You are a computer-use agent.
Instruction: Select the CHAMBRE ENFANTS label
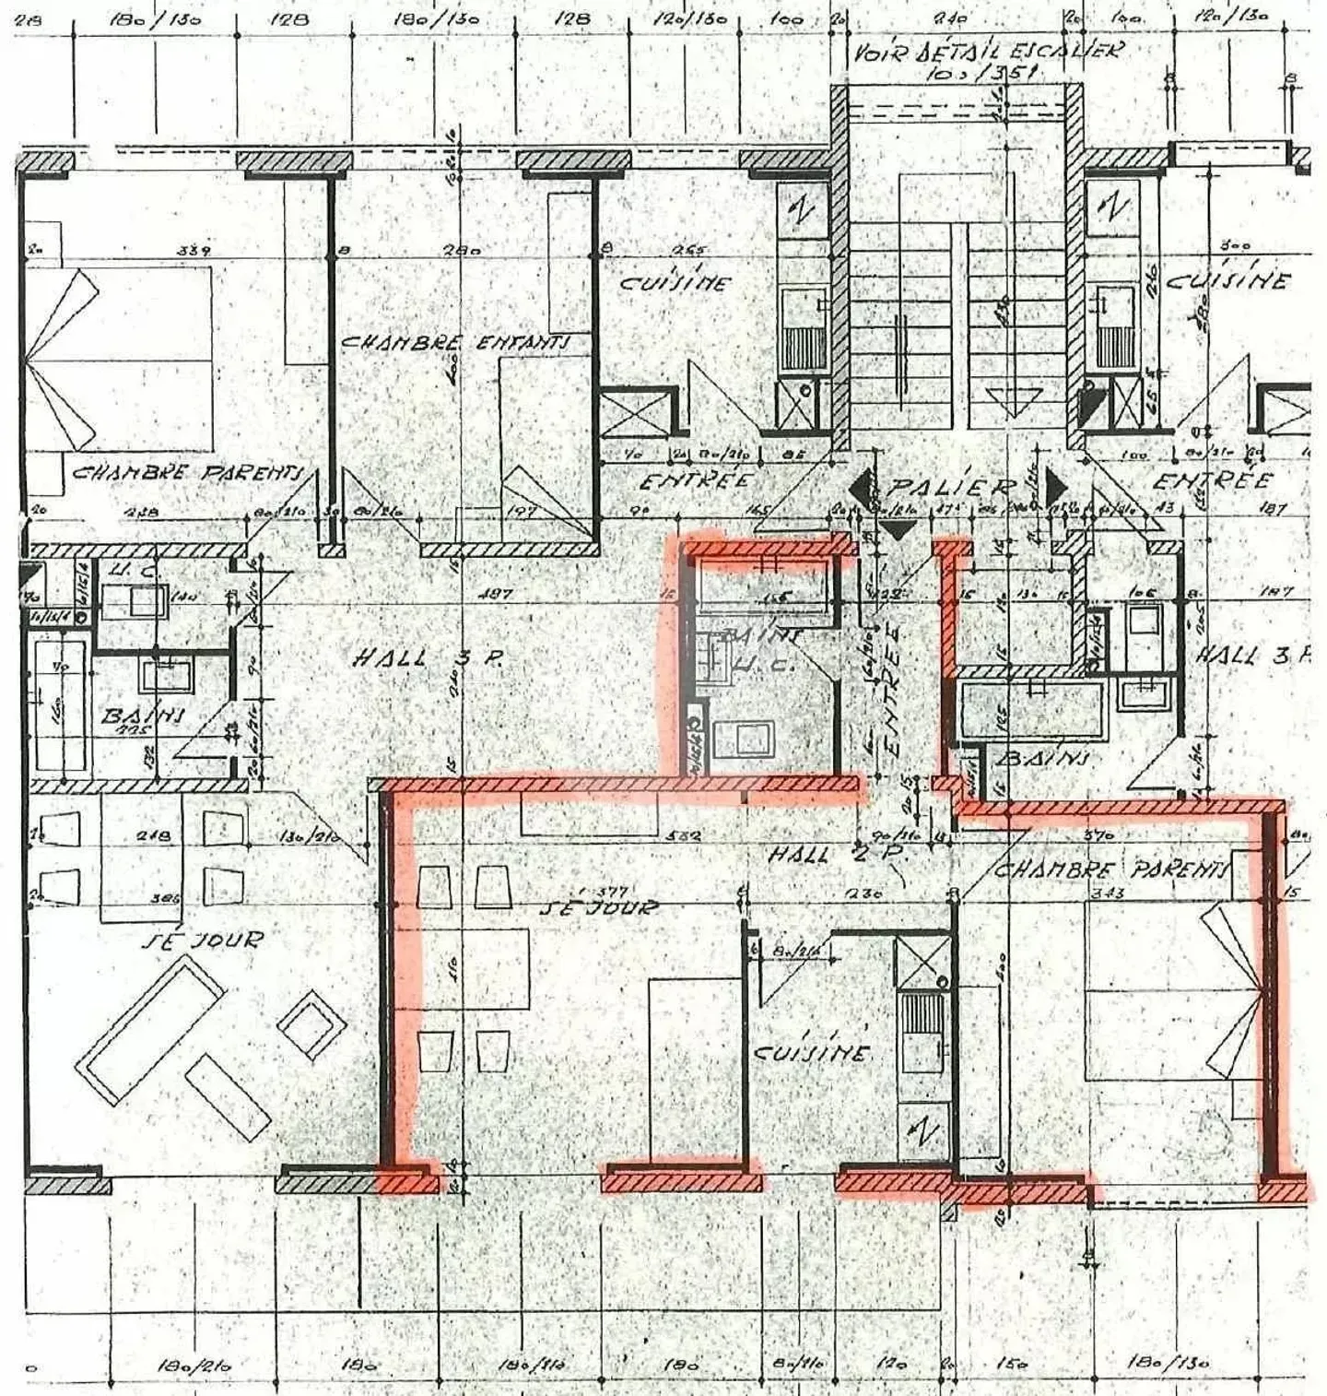(454, 342)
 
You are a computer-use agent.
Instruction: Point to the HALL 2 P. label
(837, 855)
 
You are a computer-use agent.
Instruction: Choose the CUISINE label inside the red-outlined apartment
(811, 1052)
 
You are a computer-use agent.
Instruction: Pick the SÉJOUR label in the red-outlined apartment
(599, 907)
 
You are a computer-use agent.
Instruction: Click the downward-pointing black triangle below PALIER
(897, 529)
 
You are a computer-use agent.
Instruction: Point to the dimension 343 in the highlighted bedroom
(1106, 892)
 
